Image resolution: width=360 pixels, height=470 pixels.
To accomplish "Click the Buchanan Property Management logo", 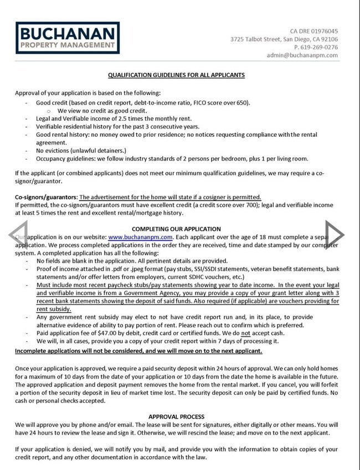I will (x=67, y=37).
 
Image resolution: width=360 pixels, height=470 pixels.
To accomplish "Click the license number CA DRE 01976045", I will (x=314, y=31).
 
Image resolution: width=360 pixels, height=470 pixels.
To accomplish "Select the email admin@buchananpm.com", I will (x=302, y=55).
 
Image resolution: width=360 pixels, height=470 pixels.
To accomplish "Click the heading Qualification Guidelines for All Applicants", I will (x=176, y=75).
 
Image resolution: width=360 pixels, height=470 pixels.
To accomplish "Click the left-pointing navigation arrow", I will (x=18, y=235).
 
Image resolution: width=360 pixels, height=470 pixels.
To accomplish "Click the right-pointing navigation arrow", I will (x=335, y=235).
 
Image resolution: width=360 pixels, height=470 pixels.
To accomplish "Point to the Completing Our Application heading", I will (x=176, y=229).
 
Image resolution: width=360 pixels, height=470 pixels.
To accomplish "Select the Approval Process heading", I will (x=176, y=416).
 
